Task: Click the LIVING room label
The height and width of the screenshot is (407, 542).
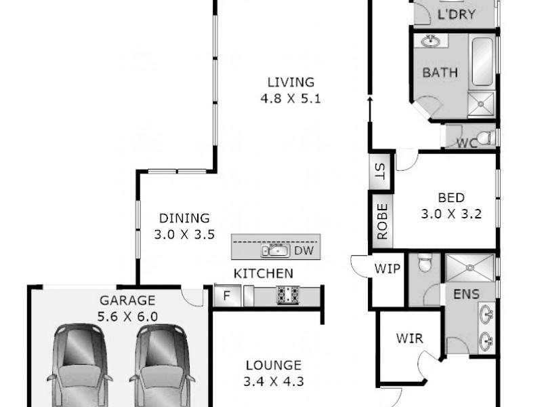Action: coord(291,83)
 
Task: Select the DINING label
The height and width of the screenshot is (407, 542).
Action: coord(184,218)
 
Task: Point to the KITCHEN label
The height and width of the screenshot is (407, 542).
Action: coord(264,274)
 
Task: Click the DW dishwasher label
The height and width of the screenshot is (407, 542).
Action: coord(302,251)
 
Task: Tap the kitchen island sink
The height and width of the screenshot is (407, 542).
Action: coord(275,251)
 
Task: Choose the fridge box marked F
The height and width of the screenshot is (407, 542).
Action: coord(227,295)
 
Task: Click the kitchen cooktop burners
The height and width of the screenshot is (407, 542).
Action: coord(287,295)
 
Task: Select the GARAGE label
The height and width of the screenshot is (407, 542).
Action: coord(128,300)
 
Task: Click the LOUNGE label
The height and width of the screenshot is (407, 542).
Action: coord(273,365)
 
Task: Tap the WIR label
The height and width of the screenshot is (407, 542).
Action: coord(410,338)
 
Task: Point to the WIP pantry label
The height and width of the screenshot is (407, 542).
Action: coord(388,269)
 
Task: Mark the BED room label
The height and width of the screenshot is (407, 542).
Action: coord(451,198)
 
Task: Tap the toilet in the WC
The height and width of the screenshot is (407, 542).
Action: coord(484,139)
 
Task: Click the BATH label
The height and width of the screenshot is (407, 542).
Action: coord(440,73)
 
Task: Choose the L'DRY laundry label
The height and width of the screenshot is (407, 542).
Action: coord(457,15)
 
